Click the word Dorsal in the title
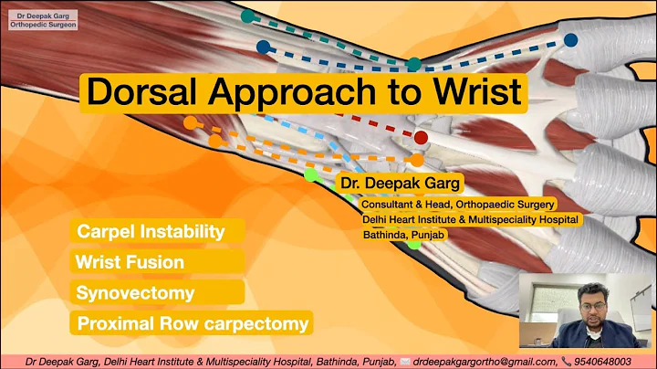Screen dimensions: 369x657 (141, 91)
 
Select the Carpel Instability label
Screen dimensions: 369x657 (151, 231)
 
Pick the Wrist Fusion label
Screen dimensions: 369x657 (130, 262)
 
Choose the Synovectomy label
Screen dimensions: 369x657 (136, 292)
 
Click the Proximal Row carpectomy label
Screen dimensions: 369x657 (192, 323)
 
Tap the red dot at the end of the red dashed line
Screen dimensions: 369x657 (421, 137)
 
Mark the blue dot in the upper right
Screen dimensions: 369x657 (570, 40)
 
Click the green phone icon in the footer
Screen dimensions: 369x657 (567, 361)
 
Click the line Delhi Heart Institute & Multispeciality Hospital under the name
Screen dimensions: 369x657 (471, 219)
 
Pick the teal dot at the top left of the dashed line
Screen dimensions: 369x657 (247, 16)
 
